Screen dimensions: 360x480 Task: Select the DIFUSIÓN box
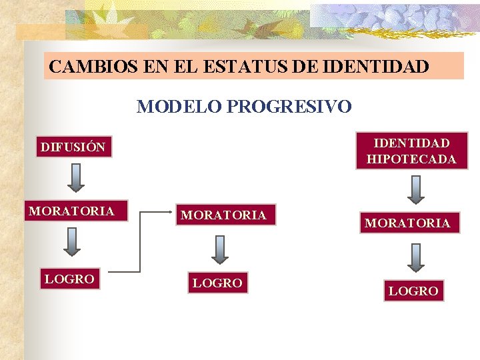pyautogui.click(x=73, y=147)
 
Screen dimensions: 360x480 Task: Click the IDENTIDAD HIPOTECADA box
pyautogui.click(x=411, y=151)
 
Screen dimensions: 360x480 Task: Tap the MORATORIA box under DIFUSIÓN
pyautogui.click(x=71, y=211)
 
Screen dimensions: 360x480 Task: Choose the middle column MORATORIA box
pyautogui.click(x=224, y=215)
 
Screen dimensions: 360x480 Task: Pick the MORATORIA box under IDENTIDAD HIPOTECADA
pyautogui.click(x=407, y=223)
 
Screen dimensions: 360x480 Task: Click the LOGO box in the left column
pyautogui.click(x=69, y=279)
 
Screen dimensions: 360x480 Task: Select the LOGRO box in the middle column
pyautogui.click(x=217, y=283)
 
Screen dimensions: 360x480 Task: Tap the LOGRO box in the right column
pyautogui.click(x=413, y=291)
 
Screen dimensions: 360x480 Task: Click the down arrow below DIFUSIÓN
pyautogui.click(x=76, y=177)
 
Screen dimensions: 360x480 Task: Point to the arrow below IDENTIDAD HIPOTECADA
pyautogui.click(x=416, y=189)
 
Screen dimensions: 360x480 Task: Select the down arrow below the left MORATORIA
pyautogui.click(x=71, y=243)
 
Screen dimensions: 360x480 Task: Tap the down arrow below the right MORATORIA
pyautogui.click(x=416, y=257)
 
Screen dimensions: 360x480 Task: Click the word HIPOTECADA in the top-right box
pyautogui.click(x=411, y=159)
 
